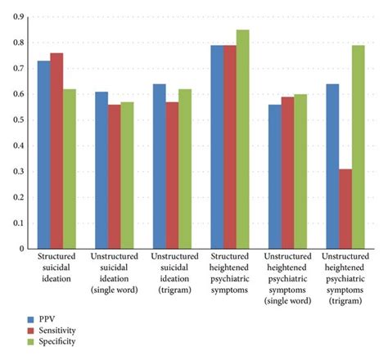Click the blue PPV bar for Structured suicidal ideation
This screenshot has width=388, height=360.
pyautogui.click(x=43, y=155)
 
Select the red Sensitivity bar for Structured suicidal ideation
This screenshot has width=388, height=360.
pyautogui.click(x=56, y=151)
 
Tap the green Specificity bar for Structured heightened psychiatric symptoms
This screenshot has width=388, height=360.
pyautogui.click(x=242, y=139)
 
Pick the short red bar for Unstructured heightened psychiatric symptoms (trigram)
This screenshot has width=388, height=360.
pyautogui.click(x=344, y=209)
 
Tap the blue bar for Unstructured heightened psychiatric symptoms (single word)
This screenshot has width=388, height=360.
pyautogui.click(x=273, y=177)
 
